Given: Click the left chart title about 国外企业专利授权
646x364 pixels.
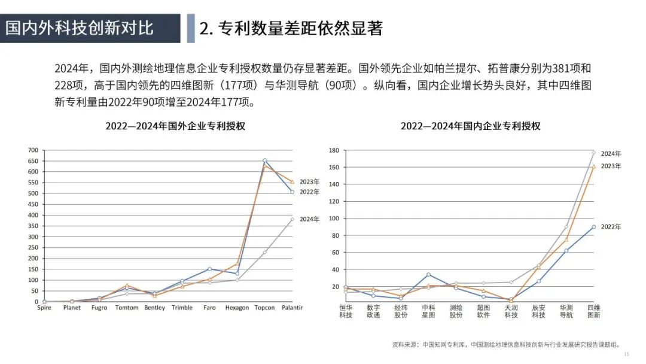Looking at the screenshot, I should coord(175,126).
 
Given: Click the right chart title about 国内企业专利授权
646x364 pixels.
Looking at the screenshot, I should coord(470,126).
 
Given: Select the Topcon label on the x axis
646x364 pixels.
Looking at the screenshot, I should coord(264,308).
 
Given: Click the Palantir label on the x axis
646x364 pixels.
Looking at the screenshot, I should coord(292,308).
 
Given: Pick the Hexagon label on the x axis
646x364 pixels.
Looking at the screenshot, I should coord(237,308).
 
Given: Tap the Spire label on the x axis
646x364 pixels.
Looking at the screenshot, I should coord(44,308).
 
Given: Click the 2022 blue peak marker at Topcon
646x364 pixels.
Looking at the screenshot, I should coord(264,160).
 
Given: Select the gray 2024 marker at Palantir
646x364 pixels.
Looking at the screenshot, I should coord(292,219).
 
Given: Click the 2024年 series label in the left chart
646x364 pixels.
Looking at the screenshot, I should coord(310,219).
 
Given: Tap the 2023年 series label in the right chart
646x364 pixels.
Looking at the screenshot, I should coord(611,166).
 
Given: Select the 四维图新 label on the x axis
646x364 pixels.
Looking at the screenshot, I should coord(594,311).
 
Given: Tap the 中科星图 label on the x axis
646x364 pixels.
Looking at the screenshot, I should coord(428,311).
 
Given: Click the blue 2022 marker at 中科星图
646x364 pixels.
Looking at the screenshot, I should coord(428,274).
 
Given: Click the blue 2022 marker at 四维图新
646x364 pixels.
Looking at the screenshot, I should coord(593,227).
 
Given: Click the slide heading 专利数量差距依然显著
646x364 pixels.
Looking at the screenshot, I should coord(291,28).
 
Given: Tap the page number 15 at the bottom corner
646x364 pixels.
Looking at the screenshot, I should coord(626,354).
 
